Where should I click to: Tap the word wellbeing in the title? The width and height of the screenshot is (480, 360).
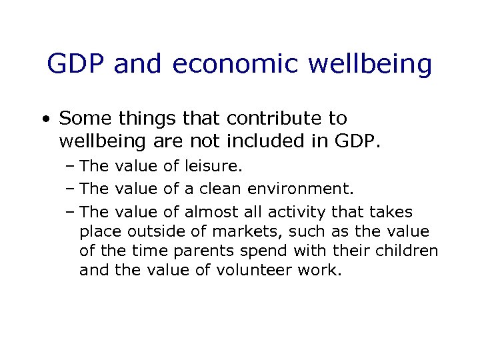pos(375,65)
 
